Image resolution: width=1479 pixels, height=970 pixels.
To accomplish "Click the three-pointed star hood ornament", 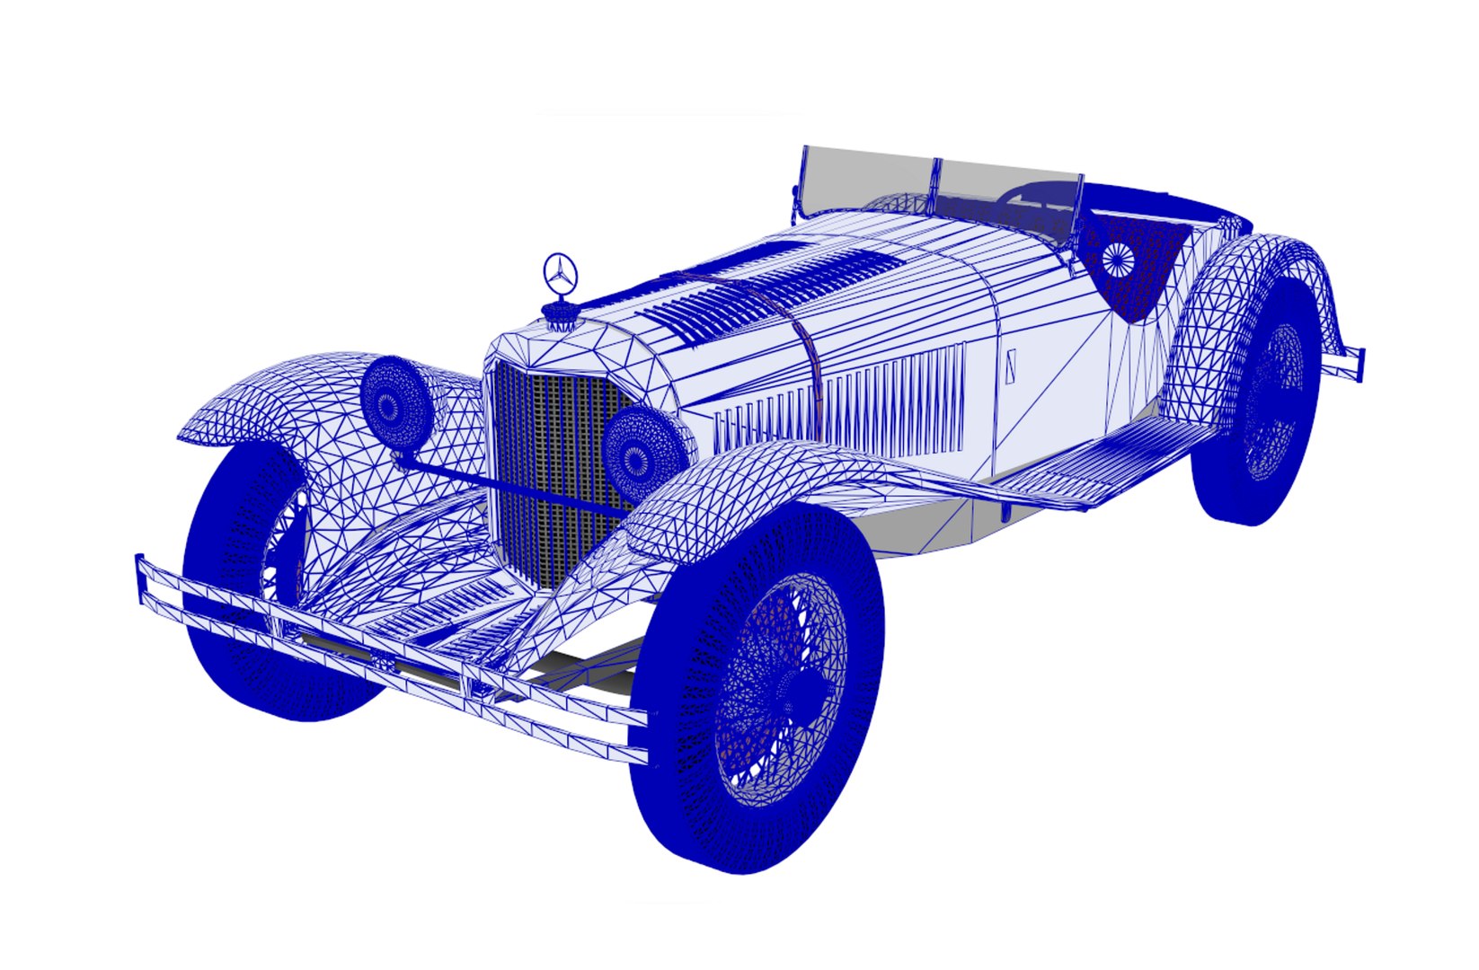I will [560, 272].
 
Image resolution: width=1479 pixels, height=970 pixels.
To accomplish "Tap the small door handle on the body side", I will [1011, 365].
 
